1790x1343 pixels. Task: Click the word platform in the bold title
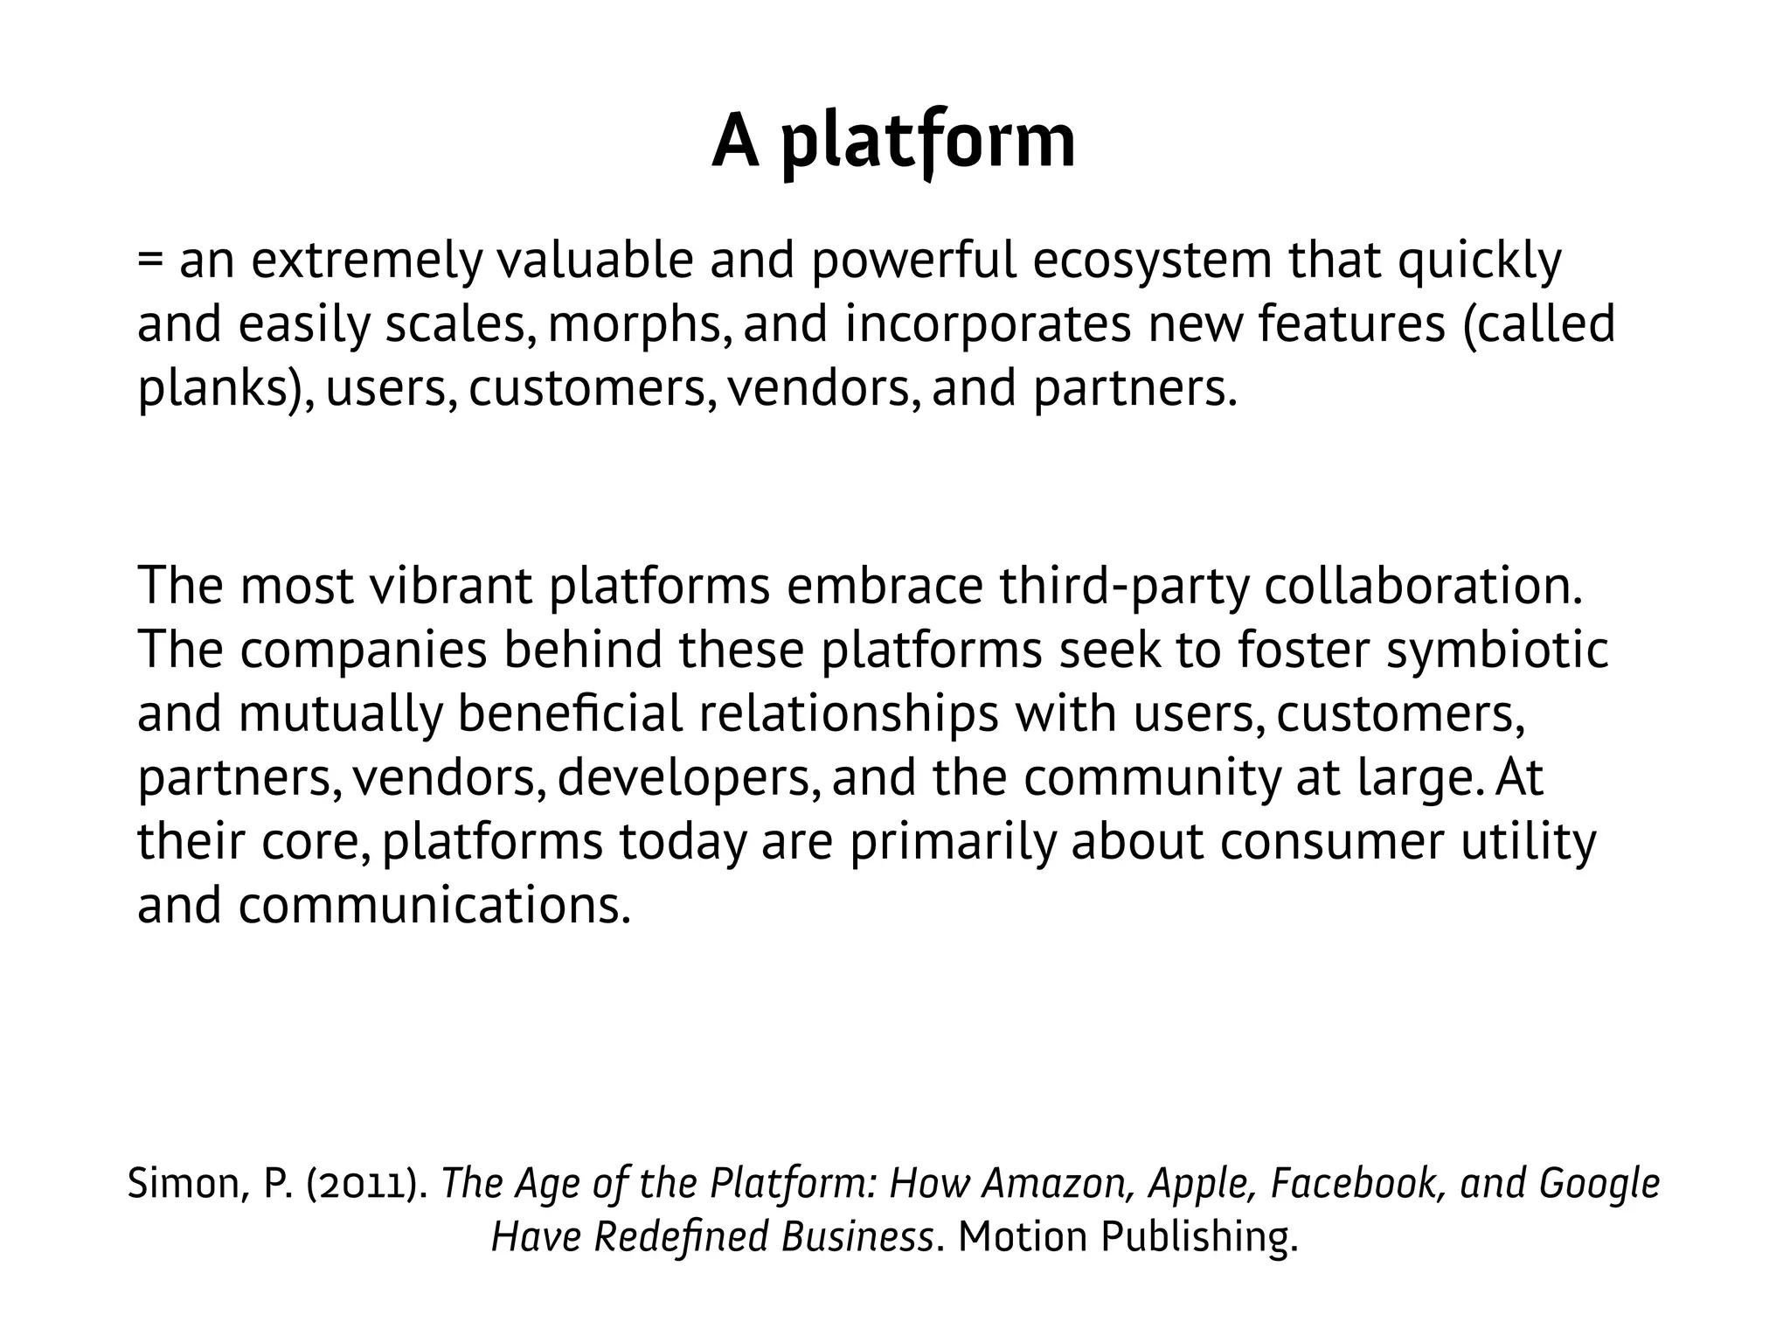[x=927, y=143]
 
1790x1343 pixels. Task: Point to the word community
[x=1151, y=778]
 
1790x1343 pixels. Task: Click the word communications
[x=434, y=906]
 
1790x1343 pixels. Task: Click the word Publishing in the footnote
[x=1198, y=1237]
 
